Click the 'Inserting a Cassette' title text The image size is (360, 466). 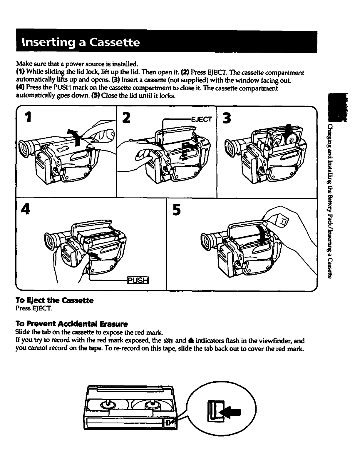pos(81,42)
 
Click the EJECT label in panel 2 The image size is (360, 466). pos(201,119)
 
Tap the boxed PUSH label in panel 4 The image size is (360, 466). pos(138,280)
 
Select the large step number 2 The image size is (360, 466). pos(126,118)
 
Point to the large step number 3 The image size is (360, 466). pos(227,118)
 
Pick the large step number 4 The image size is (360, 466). pos(26,209)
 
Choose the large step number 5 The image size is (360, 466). pos(177,210)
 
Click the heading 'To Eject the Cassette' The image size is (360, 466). pos(54,300)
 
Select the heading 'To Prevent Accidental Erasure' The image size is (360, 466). pos(72,324)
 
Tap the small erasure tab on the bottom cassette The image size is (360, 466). pos(168,423)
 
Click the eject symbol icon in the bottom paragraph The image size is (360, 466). pos(190,340)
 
